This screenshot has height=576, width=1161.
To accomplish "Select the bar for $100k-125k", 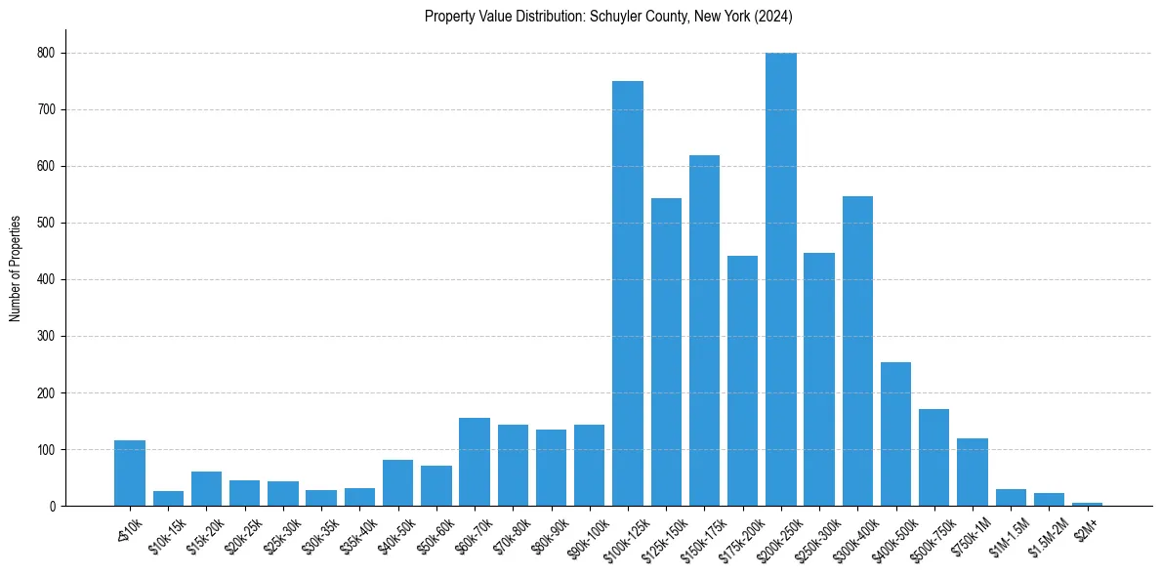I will tap(627, 293).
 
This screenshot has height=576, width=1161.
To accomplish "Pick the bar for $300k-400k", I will tap(857, 351).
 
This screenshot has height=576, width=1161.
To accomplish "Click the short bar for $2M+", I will tap(1087, 504).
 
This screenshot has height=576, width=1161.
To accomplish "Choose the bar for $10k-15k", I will tap(168, 499).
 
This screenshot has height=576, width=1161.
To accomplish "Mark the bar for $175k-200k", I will tap(742, 381).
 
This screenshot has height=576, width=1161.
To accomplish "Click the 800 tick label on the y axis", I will tap(46, 53).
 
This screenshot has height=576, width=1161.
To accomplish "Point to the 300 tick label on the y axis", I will tap(46, 337).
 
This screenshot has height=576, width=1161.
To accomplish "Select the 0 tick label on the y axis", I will tap(52, 507).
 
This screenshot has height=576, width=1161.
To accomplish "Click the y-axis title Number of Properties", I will tap(15, 268).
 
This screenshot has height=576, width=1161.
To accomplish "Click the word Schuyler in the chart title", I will tap(612, 17).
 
